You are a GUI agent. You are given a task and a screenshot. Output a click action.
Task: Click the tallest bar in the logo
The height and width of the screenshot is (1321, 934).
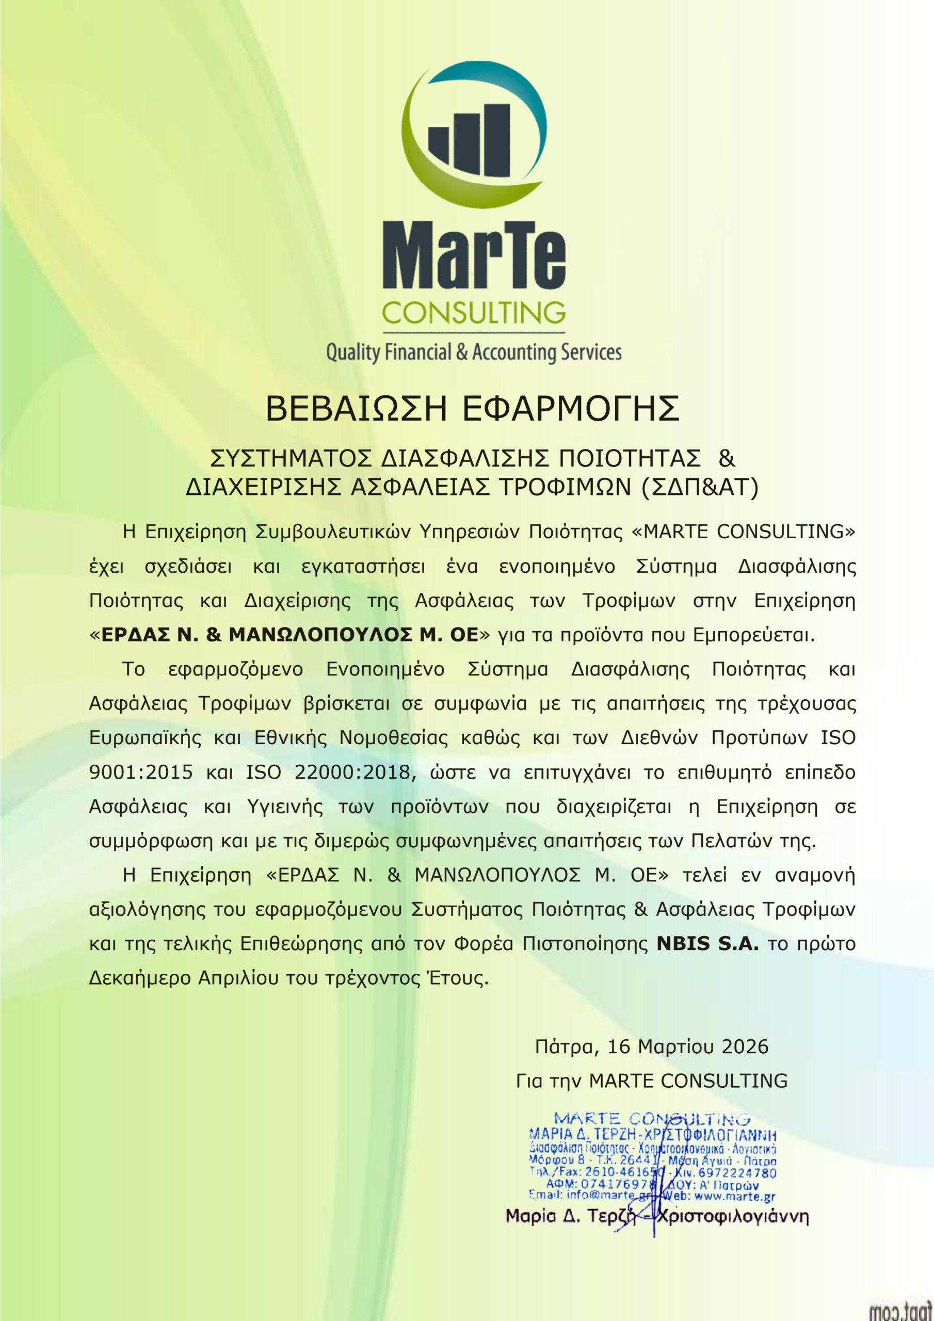(495, 140)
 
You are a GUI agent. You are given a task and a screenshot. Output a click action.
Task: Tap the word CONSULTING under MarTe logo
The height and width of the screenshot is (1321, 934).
(474, 313)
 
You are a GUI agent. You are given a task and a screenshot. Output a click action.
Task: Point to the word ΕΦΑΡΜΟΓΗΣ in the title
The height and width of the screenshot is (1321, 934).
(571, 409)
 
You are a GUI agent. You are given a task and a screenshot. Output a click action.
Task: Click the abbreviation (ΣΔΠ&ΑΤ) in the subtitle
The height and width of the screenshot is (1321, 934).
(700, 487)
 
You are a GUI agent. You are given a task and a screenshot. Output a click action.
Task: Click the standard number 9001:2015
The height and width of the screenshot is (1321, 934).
(141, 772)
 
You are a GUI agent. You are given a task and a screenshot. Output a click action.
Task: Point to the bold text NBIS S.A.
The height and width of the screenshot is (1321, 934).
(708, 944)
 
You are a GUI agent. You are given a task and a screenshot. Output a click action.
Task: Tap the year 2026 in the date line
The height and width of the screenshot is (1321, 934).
(745, 1046)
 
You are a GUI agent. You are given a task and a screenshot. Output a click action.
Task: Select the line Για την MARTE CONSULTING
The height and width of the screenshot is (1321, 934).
(651, 1081)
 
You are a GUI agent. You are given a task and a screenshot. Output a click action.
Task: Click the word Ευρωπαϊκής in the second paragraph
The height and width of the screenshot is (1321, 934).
(145, 737)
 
